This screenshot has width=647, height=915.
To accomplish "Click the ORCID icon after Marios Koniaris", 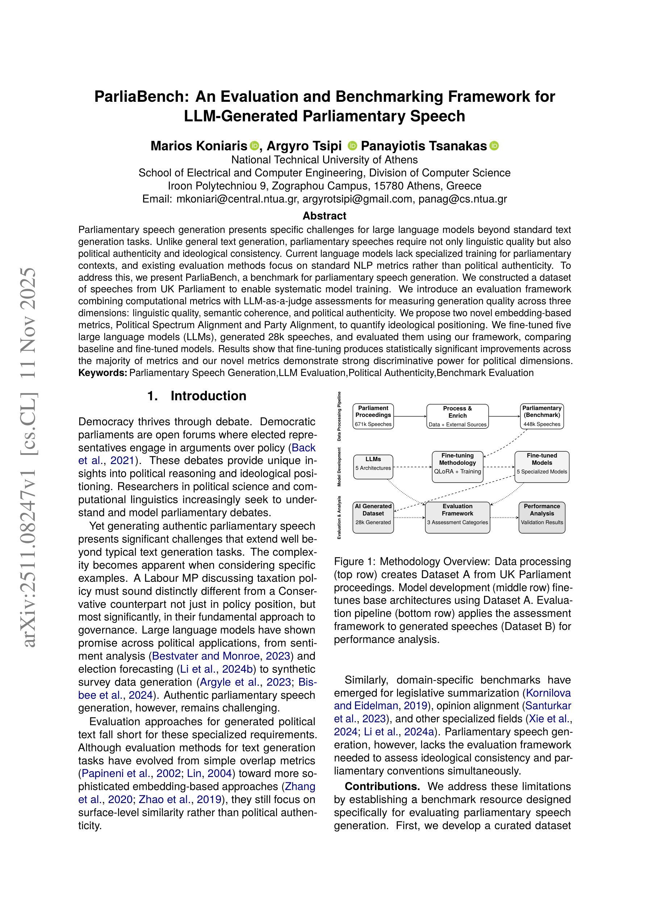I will [254, 146].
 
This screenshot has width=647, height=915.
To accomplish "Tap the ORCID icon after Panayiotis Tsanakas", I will [494, 146].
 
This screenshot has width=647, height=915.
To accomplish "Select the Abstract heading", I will [324, 216].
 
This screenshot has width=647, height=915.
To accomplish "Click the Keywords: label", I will [103, 373].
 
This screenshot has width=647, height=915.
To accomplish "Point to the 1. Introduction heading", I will [197, 396].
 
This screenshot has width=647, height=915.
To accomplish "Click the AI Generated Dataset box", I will [373, 517].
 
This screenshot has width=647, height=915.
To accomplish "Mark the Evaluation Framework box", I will [457, 517].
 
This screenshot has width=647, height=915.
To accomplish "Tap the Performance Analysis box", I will [542, 517].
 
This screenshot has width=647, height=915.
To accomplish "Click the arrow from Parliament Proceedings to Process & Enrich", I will [410, 417].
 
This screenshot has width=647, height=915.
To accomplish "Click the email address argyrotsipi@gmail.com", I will [357, 199].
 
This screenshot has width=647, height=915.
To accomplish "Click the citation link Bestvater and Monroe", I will [207, 656].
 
